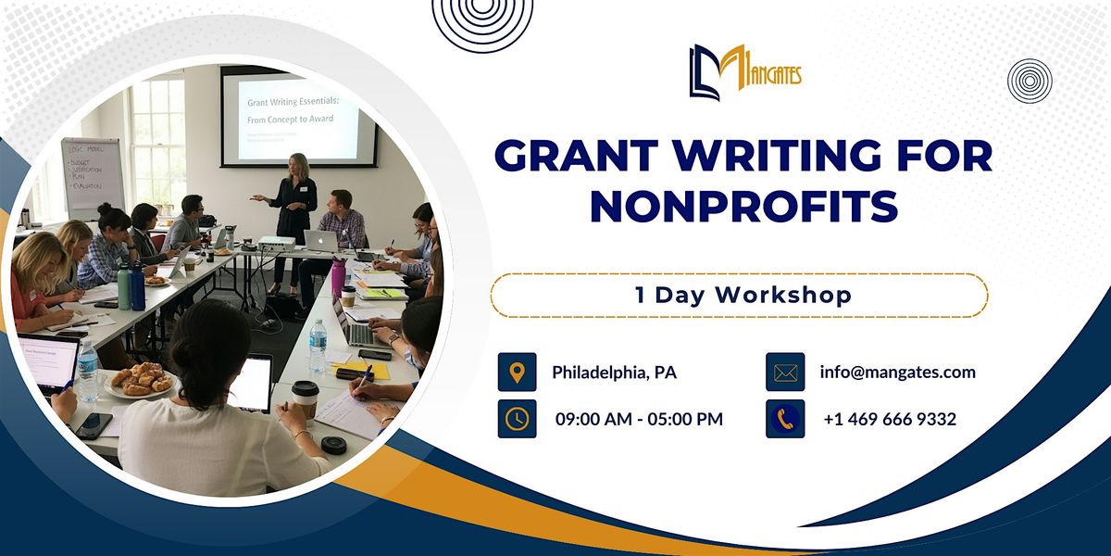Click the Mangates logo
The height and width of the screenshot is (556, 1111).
tap(744, 71)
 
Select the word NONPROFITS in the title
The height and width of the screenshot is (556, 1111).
tap(743, 206)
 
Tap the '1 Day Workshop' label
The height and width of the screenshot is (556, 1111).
tap(739, 296)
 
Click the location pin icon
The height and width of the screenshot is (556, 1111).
tap(517, 372)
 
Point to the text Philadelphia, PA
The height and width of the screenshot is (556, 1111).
tap(614, 373)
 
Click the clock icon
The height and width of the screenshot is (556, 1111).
tap(517, 419)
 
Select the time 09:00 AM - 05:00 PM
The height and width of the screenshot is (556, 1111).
tap(639, 420)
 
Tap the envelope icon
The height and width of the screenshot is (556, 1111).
tap(785, 372)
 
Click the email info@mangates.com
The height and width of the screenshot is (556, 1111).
tap(897, 373)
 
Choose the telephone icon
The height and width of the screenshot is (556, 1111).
tap(785, 419)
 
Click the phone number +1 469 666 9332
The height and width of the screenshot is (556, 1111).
tap(890, 420)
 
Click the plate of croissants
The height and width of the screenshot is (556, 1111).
tap(142, 379)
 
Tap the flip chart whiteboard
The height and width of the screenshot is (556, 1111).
tap(94, 176)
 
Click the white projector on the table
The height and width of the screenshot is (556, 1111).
tap(276, 244)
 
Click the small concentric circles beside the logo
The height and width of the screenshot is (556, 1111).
tap(1030, 81)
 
